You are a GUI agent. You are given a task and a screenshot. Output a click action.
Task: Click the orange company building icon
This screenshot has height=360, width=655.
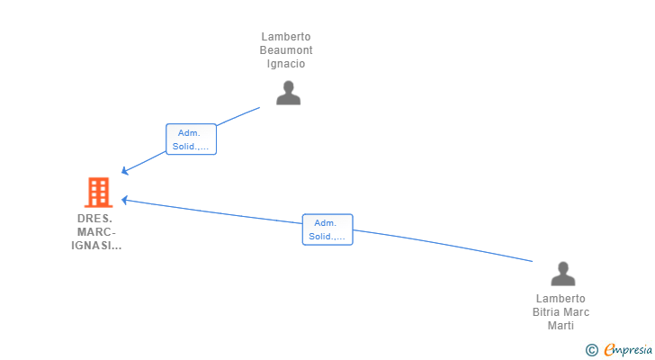click(99, 192)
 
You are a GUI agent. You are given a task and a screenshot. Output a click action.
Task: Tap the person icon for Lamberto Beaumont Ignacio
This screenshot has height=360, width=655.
click(288, 93)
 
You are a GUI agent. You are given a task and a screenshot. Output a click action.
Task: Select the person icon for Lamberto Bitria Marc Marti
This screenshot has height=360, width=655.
click(563, 274)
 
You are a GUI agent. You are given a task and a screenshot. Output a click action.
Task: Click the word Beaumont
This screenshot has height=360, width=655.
click(286, 50)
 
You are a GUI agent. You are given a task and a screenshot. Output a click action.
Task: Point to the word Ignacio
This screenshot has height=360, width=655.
click(286, 64)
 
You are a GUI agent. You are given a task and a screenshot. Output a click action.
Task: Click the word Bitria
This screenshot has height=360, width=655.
click(546, 312)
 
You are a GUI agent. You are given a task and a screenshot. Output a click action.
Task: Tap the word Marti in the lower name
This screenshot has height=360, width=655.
click(561, 325)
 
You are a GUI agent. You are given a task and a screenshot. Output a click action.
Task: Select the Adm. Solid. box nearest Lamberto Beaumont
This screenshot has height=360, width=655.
click(191, 139)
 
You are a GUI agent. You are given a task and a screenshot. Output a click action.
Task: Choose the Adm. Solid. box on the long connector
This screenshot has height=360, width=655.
click(327, 229)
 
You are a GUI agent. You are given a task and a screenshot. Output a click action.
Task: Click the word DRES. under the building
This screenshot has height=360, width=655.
click(94, 219)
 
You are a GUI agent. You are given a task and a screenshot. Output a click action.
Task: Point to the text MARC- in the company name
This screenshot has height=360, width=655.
click(96, 232)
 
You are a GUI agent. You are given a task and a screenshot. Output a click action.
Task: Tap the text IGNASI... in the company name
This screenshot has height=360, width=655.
click(96, 246)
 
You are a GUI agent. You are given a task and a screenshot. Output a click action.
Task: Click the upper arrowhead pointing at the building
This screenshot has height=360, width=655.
click(124, 170)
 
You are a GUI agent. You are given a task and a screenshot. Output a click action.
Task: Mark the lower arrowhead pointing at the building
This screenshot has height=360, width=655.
click(124, 200)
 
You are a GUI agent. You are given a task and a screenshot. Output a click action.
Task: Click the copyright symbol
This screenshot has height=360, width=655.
click(591, 350)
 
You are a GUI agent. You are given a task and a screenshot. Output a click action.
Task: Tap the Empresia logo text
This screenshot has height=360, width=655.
click(628, 350)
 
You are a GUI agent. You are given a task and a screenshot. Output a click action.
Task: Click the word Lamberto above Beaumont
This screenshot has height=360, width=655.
click(286, 37)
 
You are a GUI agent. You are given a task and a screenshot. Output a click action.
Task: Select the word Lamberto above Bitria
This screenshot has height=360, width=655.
click(561, 299)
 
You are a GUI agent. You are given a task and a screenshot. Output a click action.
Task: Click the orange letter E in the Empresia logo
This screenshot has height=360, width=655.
click(609, 349)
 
